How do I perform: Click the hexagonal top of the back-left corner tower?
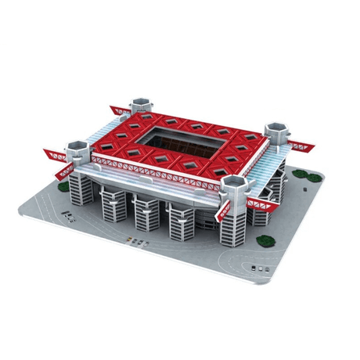141,103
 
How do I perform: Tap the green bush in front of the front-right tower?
263,240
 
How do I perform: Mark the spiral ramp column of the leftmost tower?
81,186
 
